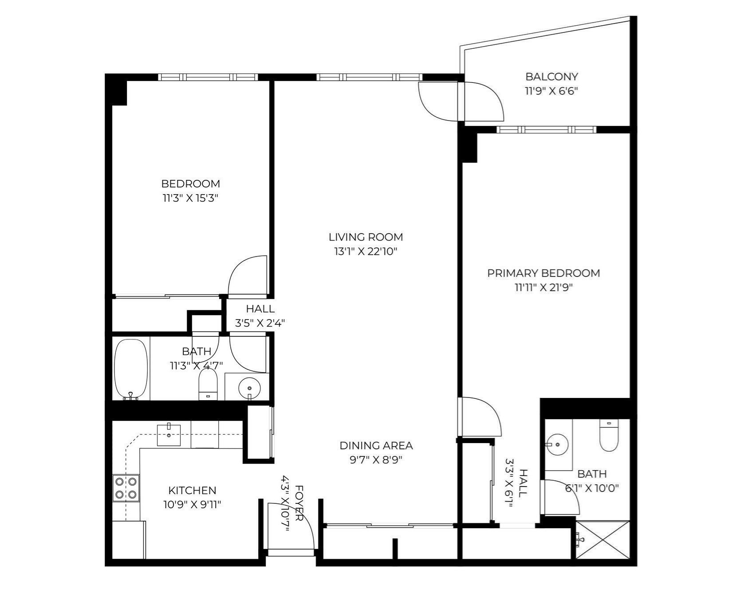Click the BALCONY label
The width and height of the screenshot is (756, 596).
point(551,77)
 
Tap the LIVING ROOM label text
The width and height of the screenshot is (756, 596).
point(366,237)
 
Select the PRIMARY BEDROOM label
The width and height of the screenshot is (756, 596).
point(543,273)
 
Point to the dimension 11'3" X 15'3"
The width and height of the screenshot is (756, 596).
point(191,198)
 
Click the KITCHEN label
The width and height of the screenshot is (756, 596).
point(192,491)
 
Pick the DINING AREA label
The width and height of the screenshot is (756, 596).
point(376,445)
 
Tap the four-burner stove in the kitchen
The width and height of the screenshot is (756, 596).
point(126,487)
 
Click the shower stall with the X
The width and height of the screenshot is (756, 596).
point(602,540)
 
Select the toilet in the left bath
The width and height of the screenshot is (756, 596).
point(207,384)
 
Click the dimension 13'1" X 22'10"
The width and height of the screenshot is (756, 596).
point(366,252)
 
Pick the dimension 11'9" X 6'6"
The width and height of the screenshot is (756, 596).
point(551,91)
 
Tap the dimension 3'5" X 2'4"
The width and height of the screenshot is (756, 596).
point(260,323)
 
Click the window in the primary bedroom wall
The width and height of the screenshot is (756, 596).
point(546,129)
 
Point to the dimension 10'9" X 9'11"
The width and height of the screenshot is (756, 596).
point(192,504)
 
